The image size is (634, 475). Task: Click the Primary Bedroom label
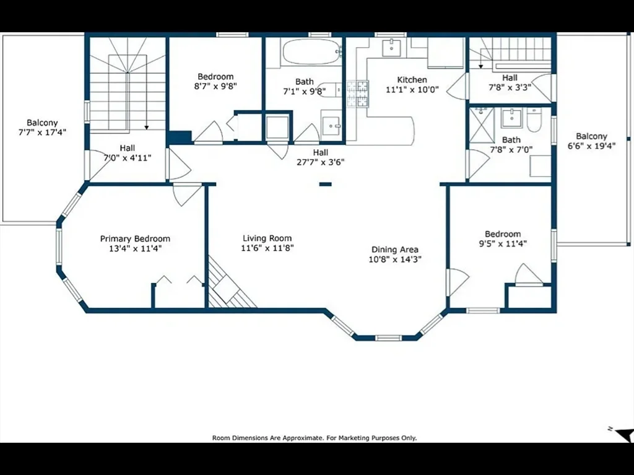[x=135, y=238]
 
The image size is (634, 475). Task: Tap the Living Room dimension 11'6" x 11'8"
[x=267, y=248]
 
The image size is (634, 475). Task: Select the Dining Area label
[x=395, y=250]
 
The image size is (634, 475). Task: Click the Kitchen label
[x=412, y=80]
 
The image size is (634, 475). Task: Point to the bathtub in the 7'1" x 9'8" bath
[x=311, y=51]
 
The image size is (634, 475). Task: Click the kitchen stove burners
[x=357, y=94]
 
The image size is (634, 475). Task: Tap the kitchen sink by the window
[x=391, y=48]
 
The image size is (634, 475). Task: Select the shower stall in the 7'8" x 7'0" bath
[x=479, y=125]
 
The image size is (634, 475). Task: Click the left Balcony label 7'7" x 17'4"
[x=42, y=123]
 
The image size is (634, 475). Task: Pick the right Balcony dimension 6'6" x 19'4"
[x=591, y=146]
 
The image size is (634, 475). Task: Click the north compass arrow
[x=623, y=434]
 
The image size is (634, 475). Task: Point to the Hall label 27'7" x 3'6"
[x=320, y=152]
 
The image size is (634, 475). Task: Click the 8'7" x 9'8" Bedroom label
[x=215, y=77]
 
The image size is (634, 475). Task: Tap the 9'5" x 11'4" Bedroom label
[x=503, y=234]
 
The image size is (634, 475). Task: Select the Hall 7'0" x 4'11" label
[x=127, y=148]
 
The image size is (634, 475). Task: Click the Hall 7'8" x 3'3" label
[x=510, y=78]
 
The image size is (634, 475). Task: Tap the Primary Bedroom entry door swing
[x=187, y=194]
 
